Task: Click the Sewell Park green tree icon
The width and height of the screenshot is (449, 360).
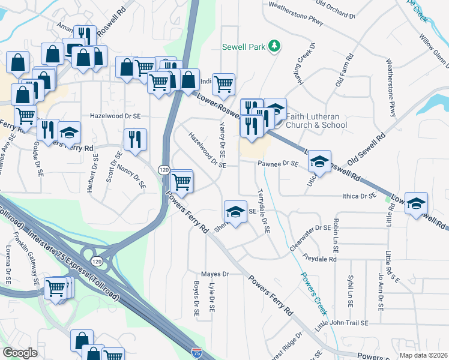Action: coord(274,46)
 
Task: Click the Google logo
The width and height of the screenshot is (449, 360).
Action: coord(20,352)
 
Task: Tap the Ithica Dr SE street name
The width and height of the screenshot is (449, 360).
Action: coord(354,196)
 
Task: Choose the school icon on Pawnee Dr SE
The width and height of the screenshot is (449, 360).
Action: coord(319,162)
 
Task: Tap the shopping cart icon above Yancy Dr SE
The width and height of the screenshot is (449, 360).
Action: coord(223,85)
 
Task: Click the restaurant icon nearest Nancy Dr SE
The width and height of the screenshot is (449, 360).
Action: coord(134,140)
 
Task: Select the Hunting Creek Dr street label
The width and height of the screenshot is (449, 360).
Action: coord(305,63)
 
